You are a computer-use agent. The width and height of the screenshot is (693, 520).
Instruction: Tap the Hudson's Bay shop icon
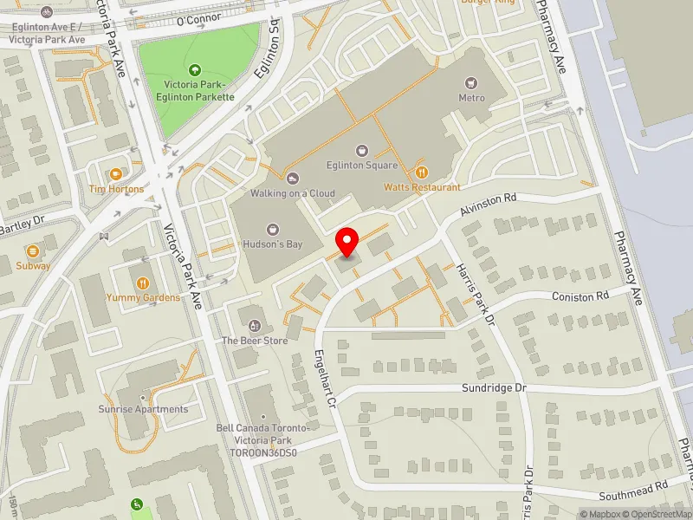273,231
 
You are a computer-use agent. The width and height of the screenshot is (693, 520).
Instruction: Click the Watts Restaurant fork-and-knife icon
423,172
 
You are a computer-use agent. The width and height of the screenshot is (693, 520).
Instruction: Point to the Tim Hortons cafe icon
116,173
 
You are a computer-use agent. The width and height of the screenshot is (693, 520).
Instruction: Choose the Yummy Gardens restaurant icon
143,283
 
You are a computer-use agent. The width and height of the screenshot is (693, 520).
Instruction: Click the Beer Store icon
254,326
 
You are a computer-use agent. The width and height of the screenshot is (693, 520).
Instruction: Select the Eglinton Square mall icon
362,150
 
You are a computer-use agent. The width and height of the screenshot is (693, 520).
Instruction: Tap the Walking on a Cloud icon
292,179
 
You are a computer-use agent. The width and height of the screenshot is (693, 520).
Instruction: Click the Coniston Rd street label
580,296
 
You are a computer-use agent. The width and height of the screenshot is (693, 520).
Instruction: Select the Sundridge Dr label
494,388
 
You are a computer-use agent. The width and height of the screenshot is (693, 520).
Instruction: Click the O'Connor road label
199,18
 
